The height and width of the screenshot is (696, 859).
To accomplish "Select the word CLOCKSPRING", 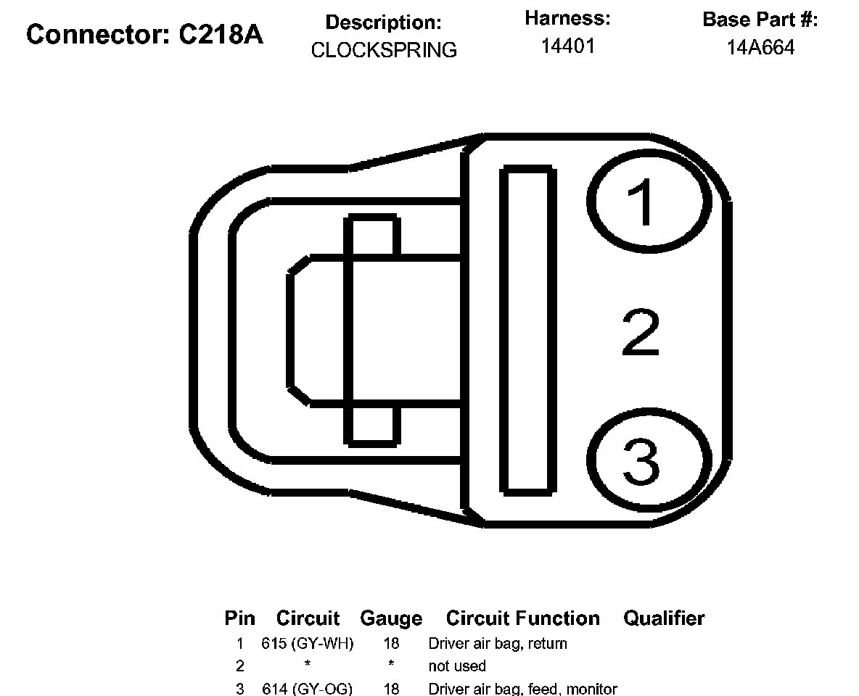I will pos(384,50).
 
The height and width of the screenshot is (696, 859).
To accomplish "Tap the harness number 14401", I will pos(568,46).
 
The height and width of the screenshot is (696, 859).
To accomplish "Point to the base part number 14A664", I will pos(761,48).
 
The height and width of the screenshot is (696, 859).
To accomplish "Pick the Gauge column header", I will pos(390,618).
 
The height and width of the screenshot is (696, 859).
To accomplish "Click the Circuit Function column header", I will pos(523,618).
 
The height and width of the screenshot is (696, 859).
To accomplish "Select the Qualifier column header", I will pos(664,618).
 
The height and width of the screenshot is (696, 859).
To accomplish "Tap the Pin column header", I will pos(239,618).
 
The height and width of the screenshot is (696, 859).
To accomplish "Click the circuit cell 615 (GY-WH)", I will pos(308,643).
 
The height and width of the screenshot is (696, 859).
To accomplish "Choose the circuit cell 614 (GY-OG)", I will pos(308,689).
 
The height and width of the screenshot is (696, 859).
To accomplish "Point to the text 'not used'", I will pos(457,666).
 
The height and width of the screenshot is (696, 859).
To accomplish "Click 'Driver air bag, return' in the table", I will pos(498,643).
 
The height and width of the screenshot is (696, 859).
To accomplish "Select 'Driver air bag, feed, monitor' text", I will pos(522,689).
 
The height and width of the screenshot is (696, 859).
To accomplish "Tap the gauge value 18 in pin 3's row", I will pos(391,689).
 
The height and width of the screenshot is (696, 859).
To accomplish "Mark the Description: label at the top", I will pos(383,22).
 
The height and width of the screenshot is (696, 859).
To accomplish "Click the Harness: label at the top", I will pos(567,19).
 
